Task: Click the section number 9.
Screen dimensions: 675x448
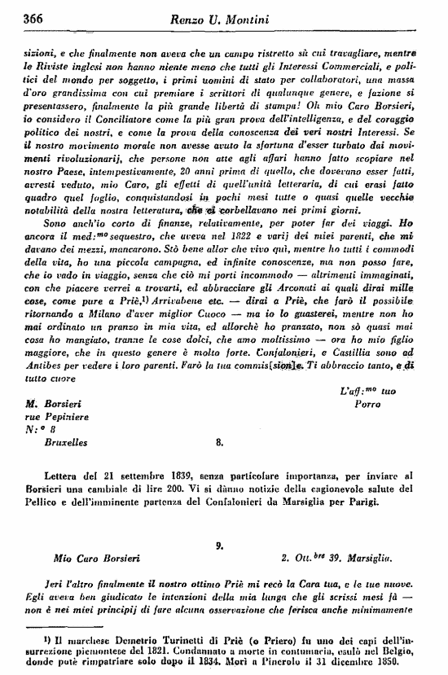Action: click(x=220, y=544)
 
